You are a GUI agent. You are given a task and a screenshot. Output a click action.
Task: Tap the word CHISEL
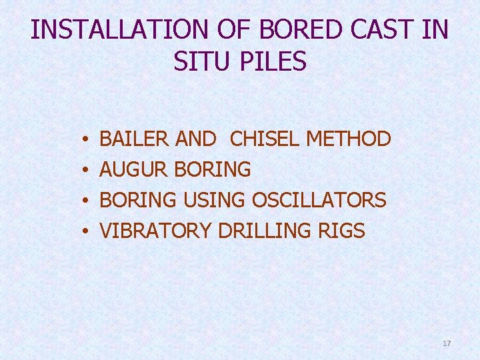(x=265, y=139)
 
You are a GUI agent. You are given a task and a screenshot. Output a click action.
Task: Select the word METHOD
(x=348, y=139)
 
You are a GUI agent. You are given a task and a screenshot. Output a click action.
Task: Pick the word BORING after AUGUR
(x=212, y=170)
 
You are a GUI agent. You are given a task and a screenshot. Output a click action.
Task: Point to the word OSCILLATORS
(x=319, y=201)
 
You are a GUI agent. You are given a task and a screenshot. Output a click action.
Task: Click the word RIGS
(x=341, y=231)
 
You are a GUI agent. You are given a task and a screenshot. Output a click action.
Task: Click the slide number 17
(x=447, y=343)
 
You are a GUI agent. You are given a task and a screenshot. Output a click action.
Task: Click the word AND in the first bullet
(x=195, y=139)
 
